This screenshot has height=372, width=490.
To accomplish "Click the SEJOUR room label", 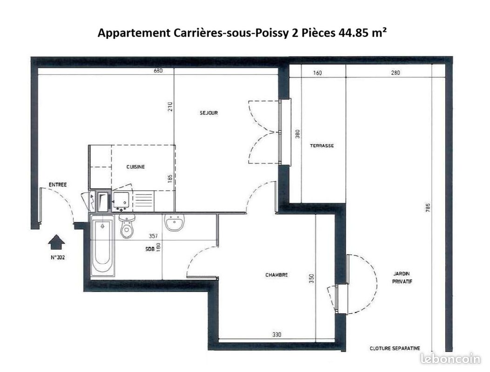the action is pos(209,113).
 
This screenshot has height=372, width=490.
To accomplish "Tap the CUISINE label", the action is pos(135,167).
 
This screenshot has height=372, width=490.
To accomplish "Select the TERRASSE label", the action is pos(322,146).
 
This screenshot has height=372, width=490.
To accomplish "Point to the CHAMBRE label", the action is pos(276,275).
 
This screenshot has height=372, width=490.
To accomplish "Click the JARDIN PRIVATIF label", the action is pos(402,277).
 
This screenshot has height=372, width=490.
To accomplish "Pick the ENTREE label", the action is pos(58,185).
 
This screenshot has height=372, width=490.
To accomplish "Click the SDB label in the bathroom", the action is pos(150,249).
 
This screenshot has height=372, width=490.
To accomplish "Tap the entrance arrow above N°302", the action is pos(56,242).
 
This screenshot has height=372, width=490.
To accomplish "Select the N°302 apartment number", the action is pos(58,258).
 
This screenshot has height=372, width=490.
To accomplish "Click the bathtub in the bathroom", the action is pos(102,247).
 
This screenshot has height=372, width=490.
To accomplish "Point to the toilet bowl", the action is pos(127,226).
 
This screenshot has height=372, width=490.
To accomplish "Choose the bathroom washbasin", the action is pos(175,222).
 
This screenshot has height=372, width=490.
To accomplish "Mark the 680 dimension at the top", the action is pos(158,71).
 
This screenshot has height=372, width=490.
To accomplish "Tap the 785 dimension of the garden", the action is pos(428,208).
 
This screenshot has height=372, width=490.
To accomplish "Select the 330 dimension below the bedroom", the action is pos(276,334).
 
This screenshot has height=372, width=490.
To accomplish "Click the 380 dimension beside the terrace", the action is pos(297,133).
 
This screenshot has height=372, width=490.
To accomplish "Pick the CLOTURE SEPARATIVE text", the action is pos(395,348).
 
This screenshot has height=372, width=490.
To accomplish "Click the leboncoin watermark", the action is pos(450,359).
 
